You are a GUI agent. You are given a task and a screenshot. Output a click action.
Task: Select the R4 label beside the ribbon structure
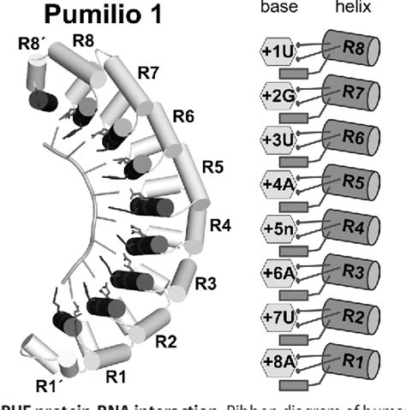(x=221, y=226)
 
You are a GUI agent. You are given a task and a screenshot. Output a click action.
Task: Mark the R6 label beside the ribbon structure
(x=186, y=114)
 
